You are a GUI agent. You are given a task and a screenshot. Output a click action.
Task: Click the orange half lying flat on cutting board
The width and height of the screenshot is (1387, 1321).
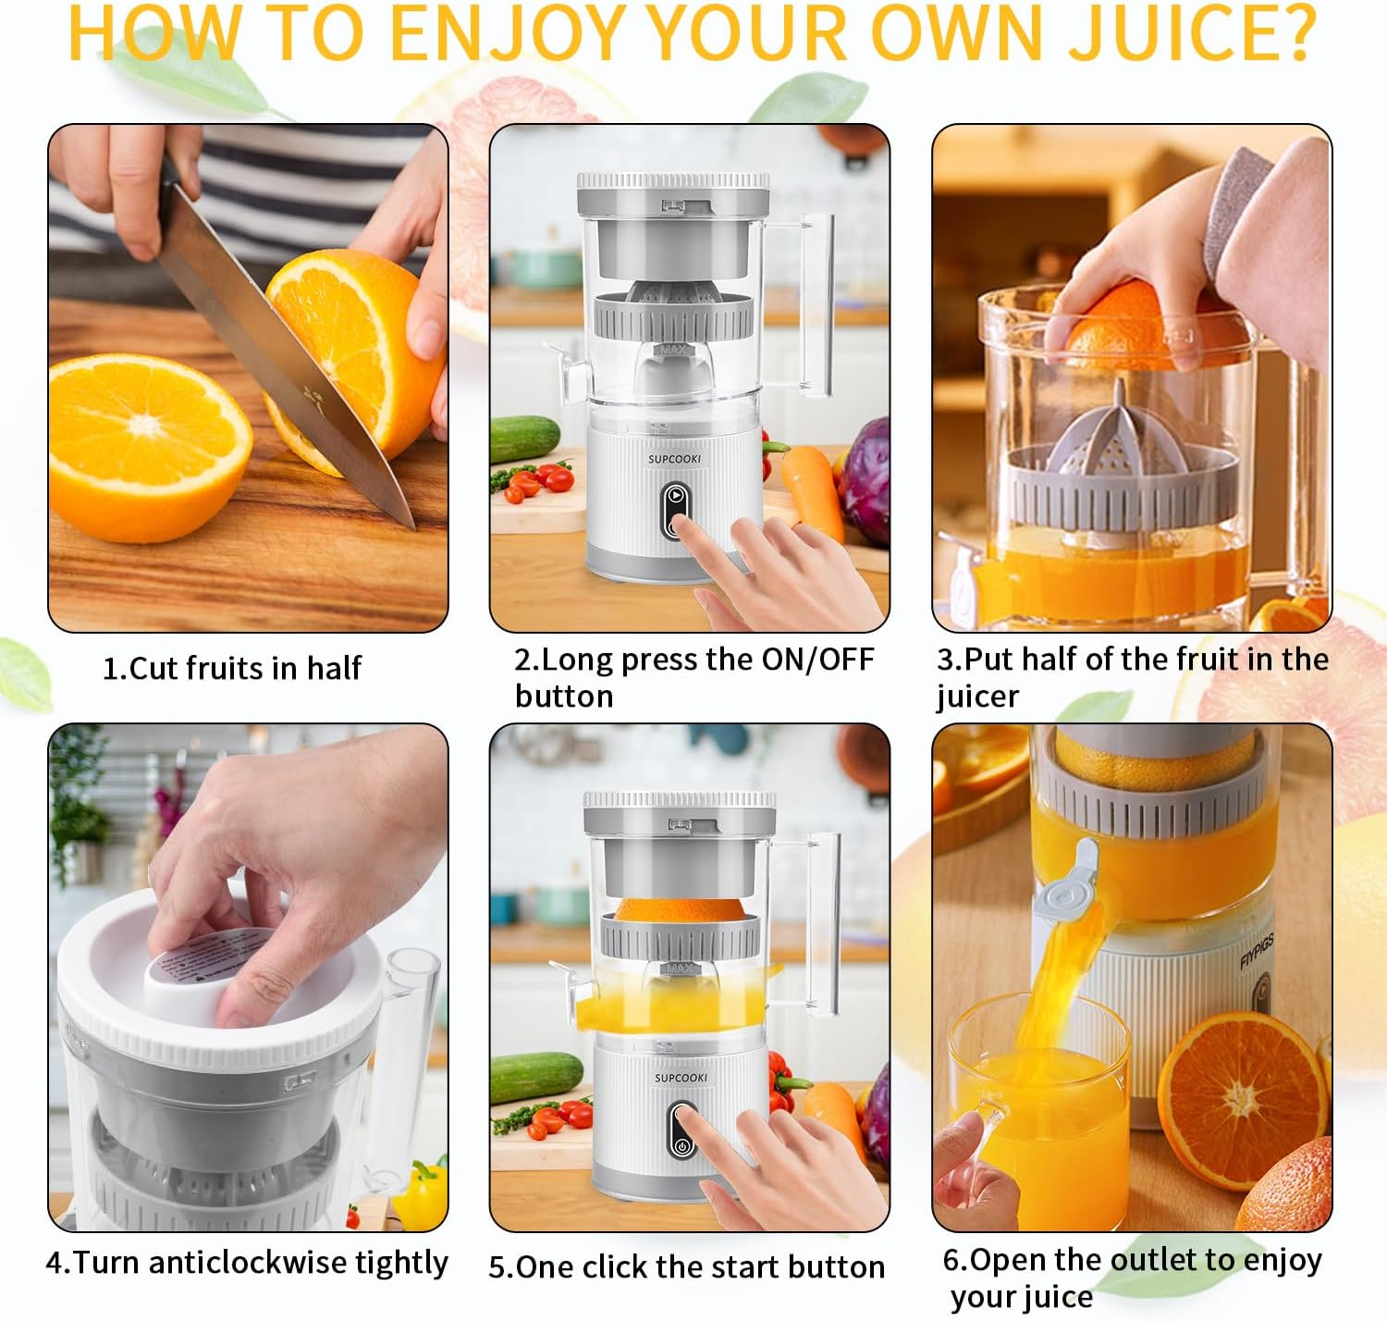click(148, 444)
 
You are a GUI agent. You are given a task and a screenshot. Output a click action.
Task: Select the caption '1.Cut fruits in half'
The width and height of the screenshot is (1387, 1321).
click(231, 668)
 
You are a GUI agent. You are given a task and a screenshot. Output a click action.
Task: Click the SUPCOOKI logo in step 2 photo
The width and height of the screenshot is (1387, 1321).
click(674, 459)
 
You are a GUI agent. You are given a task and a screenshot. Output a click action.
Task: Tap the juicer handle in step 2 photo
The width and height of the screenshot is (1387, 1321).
click(816, 305)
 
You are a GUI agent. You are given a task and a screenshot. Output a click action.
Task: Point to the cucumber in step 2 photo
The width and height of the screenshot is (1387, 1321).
click(523, 437)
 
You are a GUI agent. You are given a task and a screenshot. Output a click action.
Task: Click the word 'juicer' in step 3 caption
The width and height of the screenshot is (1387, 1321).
click(977, 697)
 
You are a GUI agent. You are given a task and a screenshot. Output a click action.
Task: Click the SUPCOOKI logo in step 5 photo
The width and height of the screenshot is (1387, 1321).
click(681, 1078)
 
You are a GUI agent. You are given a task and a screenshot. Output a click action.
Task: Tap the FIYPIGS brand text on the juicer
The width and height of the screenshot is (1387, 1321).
click(1257, 952)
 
